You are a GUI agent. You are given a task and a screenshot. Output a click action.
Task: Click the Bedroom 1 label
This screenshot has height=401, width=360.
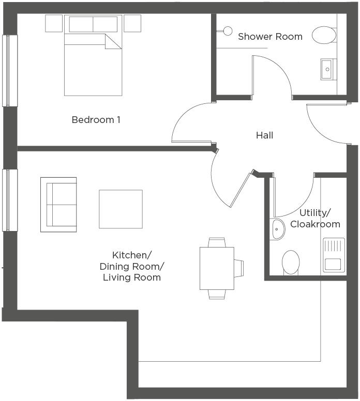click(96, 120)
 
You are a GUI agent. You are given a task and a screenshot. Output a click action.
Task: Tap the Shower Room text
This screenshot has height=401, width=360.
click(270, 37)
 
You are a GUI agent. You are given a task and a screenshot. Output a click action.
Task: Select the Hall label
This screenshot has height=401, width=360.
click(264, 135)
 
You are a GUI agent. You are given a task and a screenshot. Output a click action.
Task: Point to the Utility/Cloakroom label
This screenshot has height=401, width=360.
click(315, 219)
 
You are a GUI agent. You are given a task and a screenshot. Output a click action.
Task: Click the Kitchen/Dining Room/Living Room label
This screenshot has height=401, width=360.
click(131, 266)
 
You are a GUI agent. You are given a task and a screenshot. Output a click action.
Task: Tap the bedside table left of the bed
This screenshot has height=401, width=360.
click(54, 23)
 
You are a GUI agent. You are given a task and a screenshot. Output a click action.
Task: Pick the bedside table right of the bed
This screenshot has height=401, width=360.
click(132, 23)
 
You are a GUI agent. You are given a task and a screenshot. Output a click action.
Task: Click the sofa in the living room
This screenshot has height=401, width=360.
click(58, 205)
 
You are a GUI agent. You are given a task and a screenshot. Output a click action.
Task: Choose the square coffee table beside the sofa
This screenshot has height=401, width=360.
click(121, 209)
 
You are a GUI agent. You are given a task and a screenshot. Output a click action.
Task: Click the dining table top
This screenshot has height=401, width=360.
click(217, 268)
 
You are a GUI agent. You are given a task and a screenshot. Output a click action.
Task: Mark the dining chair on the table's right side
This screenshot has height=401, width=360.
click(239, 268)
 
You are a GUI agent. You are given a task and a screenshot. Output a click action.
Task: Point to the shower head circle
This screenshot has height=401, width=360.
click(227, 31)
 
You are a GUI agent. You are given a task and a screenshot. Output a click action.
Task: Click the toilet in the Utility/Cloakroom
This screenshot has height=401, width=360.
click(291, 262)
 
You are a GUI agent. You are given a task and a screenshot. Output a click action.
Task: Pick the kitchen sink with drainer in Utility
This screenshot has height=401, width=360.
click(334, 255)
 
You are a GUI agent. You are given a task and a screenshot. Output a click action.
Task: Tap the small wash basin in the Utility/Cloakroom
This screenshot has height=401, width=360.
click(277, 228)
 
